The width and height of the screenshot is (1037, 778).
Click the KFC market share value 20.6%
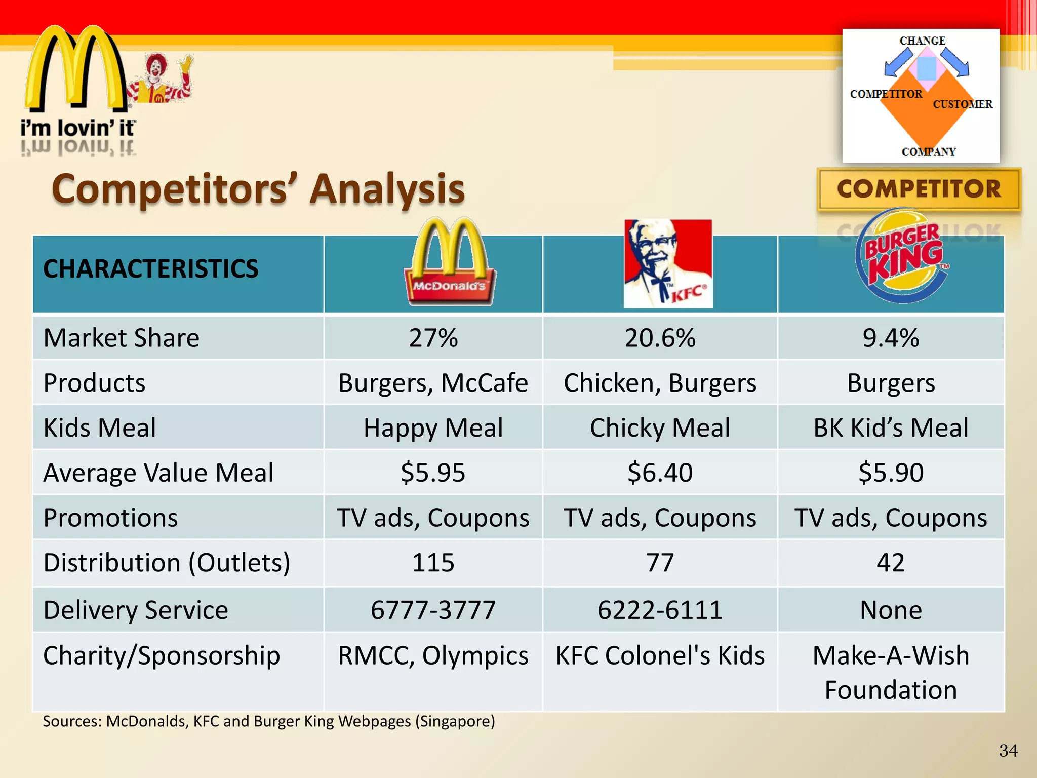pyautogui.click(x=660, y=338)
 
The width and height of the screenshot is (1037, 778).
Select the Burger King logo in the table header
pyautogui.click(x=901, y=257)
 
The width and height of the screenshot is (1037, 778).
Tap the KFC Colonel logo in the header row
pyautogui.click(x=668, y=263)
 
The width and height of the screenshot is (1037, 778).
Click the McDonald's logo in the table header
pyautogui.click(x=450, y=262)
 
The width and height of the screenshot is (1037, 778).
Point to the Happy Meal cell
pyautogui.click(x=433, y=427)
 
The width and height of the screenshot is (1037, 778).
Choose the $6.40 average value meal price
pyautogui.click(x=660, y=473)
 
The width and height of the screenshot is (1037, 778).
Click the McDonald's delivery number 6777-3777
pyautogui.click(x=433, y=610)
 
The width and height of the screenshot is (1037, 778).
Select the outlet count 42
pyautogui.click(x=891, y=563)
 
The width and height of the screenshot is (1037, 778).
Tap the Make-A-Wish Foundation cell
pyautogui.click(x=891, y=672)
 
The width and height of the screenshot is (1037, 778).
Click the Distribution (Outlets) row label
pyautogui.click(x=167, y=563)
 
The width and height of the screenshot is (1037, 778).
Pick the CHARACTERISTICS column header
pyautogui.click(x=150, y=269)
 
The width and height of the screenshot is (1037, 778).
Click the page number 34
pyautogui.click(x=1008, y=750)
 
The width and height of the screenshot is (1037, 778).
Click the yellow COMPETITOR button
pyautogui.click(x=919, y=189)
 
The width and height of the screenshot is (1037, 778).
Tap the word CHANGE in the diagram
pyautogui.click(x=922, y=41)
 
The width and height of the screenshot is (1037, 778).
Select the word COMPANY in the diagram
pyautogui.click(x=929, y=152)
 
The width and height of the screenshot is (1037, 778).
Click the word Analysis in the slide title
pyautogui.click(x=387, y=188)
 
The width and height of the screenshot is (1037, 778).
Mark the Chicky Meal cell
pyautogui.click(x=660, y=427)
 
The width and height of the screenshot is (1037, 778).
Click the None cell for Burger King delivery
pyautogui.click(x=891, y=610)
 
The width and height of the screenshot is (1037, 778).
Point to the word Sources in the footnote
pyautogui.click(x=72, y=721)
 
